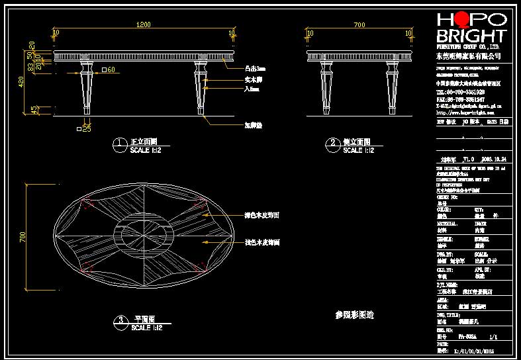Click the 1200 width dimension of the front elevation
tap(143, 25)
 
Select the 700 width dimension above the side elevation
tap(359, 25)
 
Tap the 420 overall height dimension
tap(22, 82)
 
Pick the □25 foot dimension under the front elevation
tap(83, 128)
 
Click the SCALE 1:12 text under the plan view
tap(146, 328)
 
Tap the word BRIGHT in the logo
tap(471, 36)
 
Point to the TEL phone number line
tap(464, 91)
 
